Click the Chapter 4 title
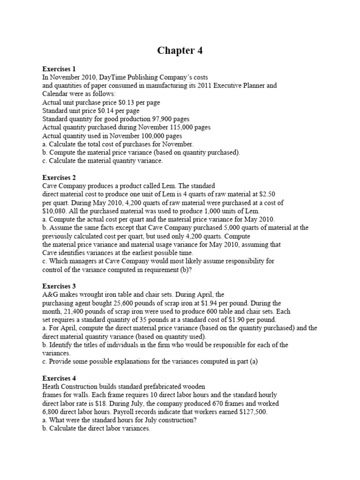coord(180,51)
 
